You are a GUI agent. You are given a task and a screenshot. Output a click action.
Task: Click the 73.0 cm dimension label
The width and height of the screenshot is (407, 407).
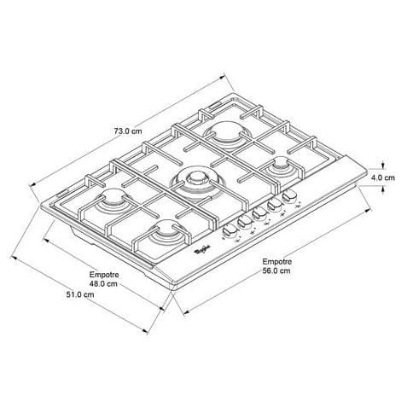(x=128, y=131)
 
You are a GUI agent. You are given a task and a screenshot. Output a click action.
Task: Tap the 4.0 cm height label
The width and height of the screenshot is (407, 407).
(x=383, y=177)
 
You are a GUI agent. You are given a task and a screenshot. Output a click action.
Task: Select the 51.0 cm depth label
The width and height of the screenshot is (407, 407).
(x=80, y=294)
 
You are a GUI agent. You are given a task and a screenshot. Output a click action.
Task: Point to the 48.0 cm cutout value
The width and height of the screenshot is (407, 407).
(x=103, y=283)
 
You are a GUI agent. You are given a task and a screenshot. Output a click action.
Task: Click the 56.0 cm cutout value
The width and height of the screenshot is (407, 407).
(x=276, y=270)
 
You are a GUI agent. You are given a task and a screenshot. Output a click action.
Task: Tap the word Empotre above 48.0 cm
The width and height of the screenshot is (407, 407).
(x=104, y=275)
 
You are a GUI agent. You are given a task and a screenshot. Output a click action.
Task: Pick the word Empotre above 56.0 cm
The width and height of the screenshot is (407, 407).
(x=277, y=262)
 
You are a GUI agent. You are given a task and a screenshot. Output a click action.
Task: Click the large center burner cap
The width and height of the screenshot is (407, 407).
(x=196, y=178)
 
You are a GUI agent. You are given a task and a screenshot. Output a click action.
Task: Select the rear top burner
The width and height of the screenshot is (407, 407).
(x=228, y=134)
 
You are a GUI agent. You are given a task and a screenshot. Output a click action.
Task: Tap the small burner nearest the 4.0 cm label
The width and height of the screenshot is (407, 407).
(x=282, y=166)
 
